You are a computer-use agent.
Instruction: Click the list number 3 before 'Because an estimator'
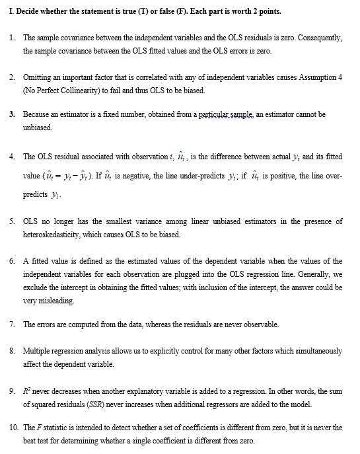pyautogui.click(x=13, y=114)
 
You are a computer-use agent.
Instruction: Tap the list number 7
pyautogui.click(x=13, y=324)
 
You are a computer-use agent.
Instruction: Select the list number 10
pyautogui.click(x=15, y=428)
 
